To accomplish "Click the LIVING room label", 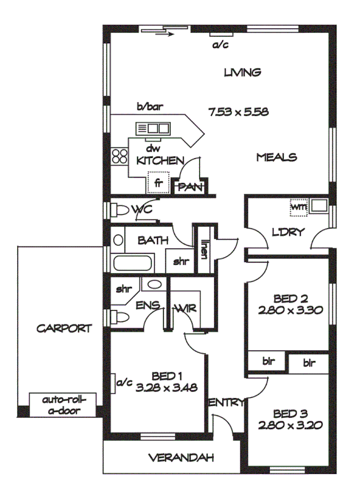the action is coord(242,72).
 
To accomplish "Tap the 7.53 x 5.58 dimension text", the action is coord(238,112).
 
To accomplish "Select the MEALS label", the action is coord(276,157).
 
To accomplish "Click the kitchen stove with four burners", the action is coord(119,157).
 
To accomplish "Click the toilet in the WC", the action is coord(120,210).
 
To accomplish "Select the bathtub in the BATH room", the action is coord(132,262).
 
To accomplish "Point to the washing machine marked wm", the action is coord(298,207).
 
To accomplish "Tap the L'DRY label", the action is coord(288,232).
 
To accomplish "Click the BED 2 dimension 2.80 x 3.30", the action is coord(289,310).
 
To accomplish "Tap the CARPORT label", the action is coord(64,329).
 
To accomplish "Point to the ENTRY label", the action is coord(226,403).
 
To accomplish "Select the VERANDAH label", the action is coord(181,458).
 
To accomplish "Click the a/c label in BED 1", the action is coord(126,382).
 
